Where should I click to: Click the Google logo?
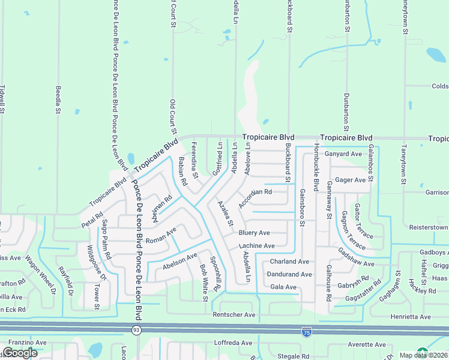(x=20, y=353)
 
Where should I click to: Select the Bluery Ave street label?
(x=255, y=233)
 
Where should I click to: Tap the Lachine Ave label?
(x=256, y=246)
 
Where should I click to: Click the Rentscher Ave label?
(x=234, y=315)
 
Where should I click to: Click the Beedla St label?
(x=59, y=99)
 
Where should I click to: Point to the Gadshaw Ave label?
(x=356, y=258)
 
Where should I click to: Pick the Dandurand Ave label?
(x=291, y=274)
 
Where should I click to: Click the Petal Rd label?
(x=92, y=218)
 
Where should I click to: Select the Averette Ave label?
(x=367, y=345)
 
